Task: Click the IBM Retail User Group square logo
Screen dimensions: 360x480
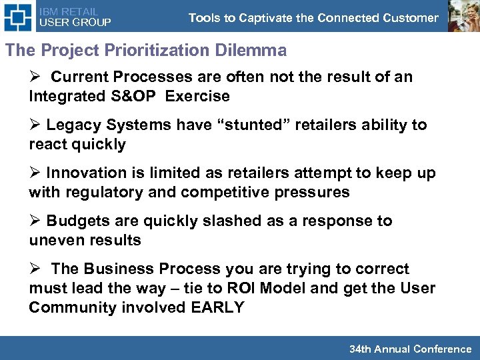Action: click(17, 16)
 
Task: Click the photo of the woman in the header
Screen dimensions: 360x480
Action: click(463, 16)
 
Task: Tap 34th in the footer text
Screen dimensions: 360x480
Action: click(361, 349)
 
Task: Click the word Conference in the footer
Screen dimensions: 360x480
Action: click(442, 349)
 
